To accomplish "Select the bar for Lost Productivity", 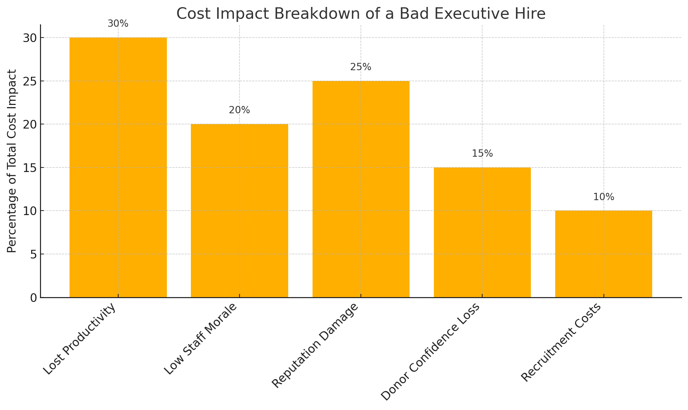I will tap(118, 167).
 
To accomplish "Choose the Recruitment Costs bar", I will tap(603, 254).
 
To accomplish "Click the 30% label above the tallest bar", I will tap(118, 24).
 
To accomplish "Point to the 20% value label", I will tap(239, 110).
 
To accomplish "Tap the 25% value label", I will tap(361, 67).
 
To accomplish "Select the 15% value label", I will tap(482, 154).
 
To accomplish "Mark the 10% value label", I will tap(603, 197).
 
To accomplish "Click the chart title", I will tap(361, 14).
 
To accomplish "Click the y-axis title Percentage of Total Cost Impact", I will tap(12, 161).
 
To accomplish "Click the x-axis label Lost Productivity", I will tap(79, 339).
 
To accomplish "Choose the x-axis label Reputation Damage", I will tap(315, 346).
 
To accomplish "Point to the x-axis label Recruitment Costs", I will tap(560, 343).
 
